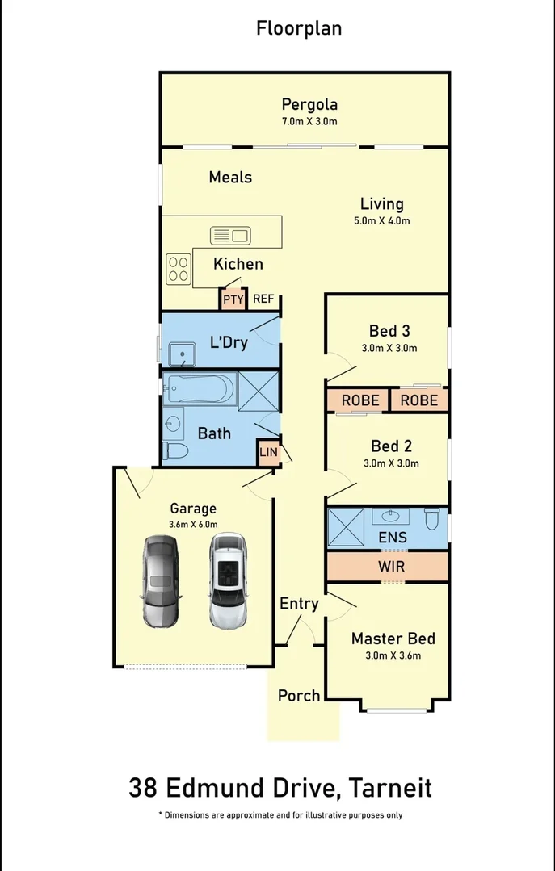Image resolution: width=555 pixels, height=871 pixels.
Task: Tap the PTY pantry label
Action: (x=233, y=299)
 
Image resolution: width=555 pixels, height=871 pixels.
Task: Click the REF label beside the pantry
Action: (x=263, y=299)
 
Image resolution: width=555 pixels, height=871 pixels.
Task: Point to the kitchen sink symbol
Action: (x=230, y=236)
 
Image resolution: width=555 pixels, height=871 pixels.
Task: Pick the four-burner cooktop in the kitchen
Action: (x=179, y=268)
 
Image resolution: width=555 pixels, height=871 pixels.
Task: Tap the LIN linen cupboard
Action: (x=268, y=452)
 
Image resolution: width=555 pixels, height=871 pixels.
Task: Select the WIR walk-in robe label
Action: (x=391, y=567)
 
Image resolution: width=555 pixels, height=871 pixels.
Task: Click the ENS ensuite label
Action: (x=392, y=538)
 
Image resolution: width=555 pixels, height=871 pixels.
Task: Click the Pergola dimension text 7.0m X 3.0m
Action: (x=309, y=122)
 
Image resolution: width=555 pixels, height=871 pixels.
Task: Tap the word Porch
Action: (x=299, y=695)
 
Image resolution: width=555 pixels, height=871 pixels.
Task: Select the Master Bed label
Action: (x=393, y=639)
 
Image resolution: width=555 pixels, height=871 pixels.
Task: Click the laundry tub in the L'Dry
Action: (x=183, y=354)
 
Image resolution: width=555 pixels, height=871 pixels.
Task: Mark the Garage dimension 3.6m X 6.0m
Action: (x=193, y=525)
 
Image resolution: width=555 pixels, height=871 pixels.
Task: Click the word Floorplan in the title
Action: (x=299, y=28)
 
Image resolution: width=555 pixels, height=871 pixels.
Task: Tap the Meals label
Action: (x=230, y=177)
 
